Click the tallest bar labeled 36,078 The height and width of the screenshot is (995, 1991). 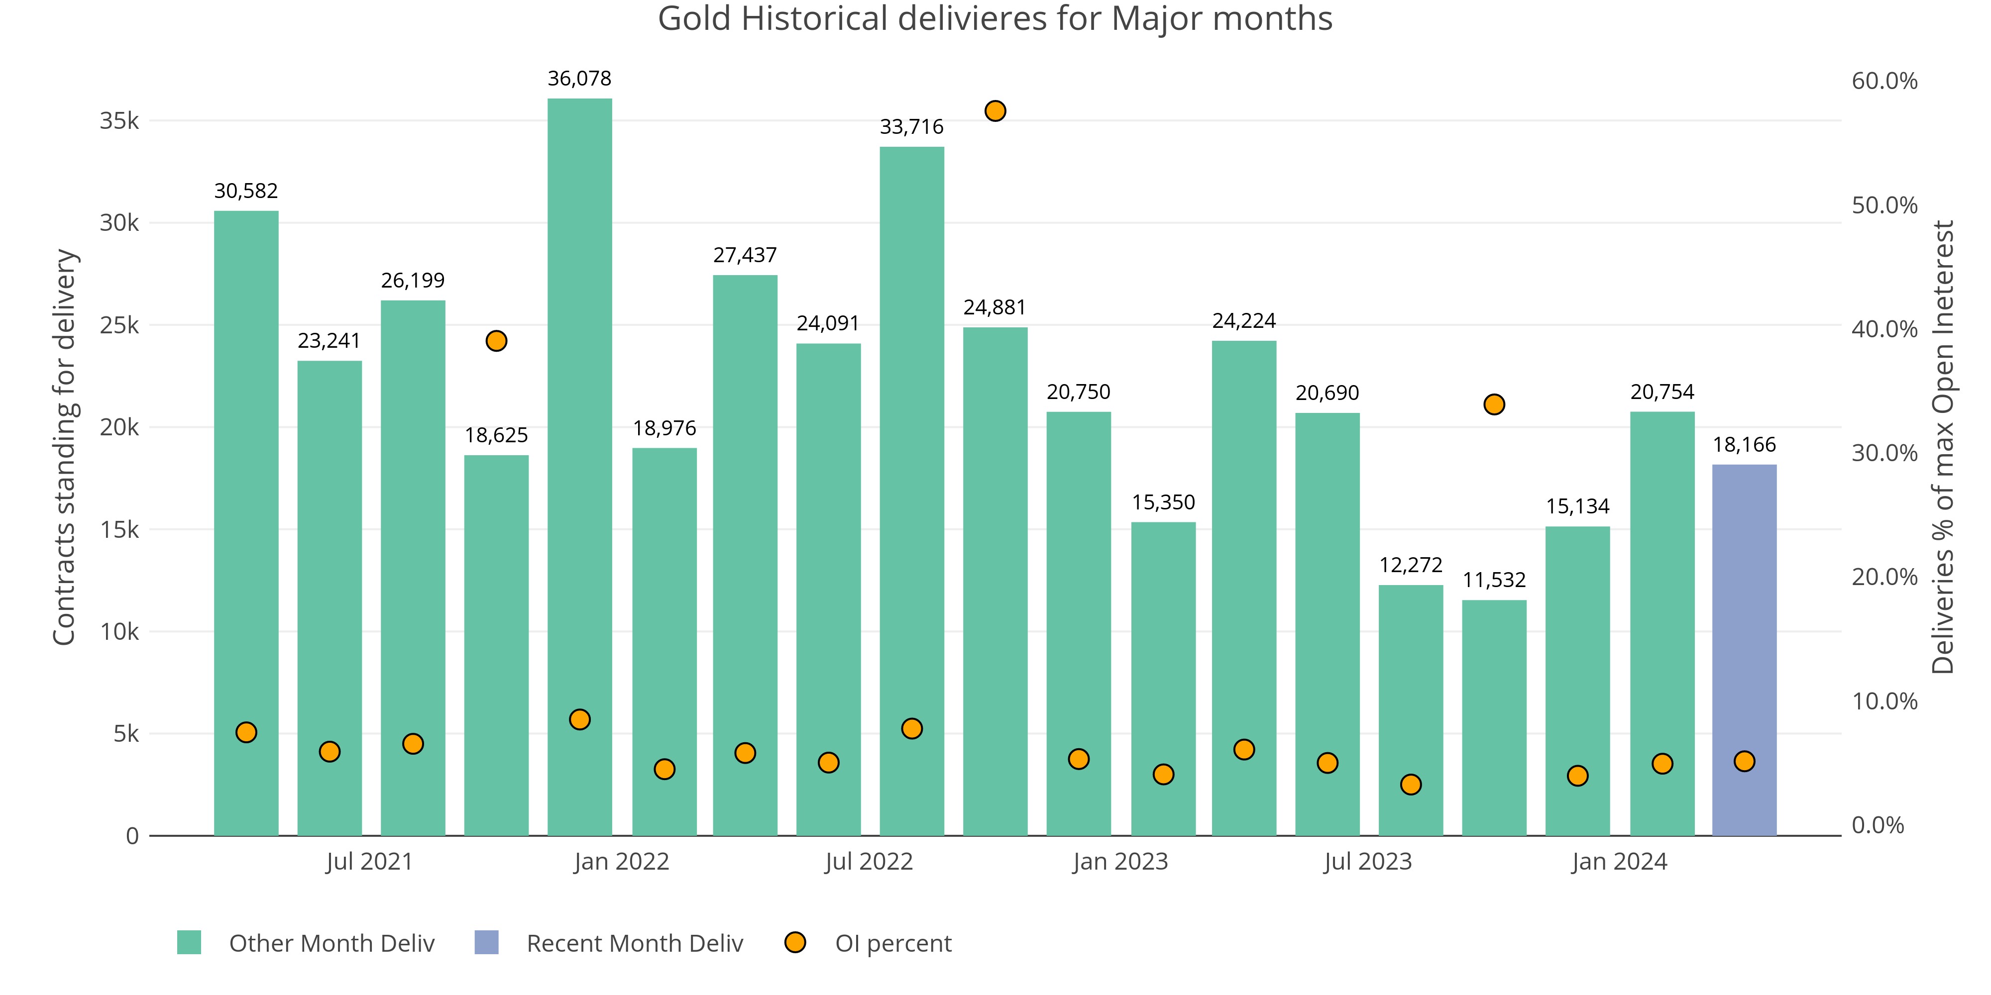(580, 464)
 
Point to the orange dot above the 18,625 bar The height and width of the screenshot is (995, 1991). (496, 341)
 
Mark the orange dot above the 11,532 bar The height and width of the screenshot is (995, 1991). (1494, 405)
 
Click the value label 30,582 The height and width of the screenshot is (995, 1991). (246, 191)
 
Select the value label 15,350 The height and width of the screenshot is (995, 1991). (1163, 503)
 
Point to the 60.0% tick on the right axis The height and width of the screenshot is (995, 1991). (1884, 81)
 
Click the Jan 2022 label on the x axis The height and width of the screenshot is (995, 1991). (621, 861)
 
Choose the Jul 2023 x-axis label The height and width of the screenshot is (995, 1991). (1367, 861)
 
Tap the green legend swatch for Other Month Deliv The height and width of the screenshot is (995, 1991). (189, 942)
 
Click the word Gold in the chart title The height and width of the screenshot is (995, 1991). (694, 18)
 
